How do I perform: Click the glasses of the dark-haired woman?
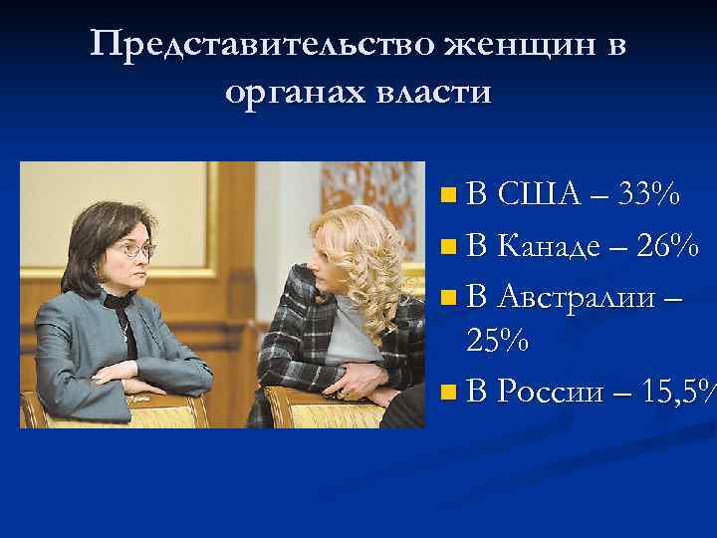click(133, 249)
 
